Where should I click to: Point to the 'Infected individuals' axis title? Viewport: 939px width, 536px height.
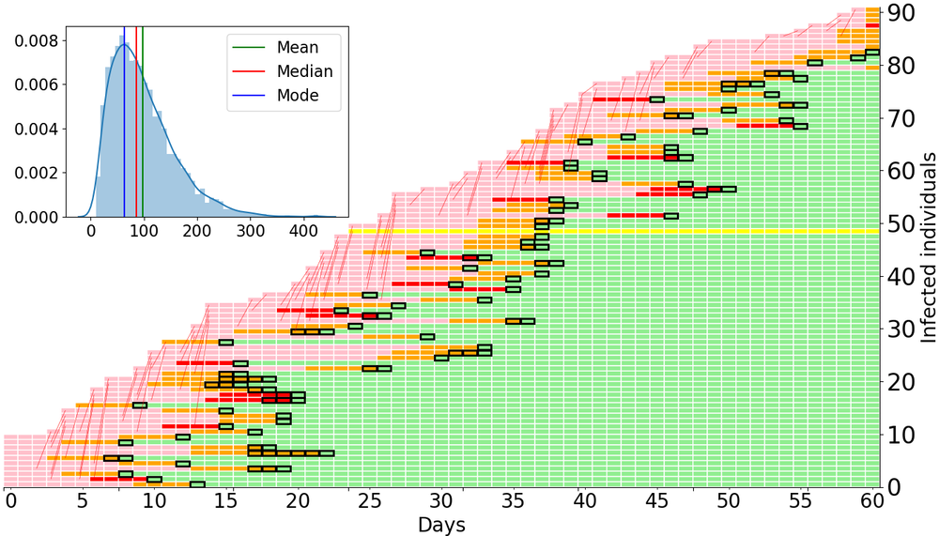pos(926,250)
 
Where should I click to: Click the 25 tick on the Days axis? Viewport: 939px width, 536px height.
pos(369,501)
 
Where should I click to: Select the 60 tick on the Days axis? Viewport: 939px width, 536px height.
pos(872,501)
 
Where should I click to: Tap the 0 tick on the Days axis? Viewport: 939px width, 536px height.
pos(10,501)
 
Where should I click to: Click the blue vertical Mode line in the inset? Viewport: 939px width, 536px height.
pos(124,141)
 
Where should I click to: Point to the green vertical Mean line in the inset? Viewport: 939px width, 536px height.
pos(142,141)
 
